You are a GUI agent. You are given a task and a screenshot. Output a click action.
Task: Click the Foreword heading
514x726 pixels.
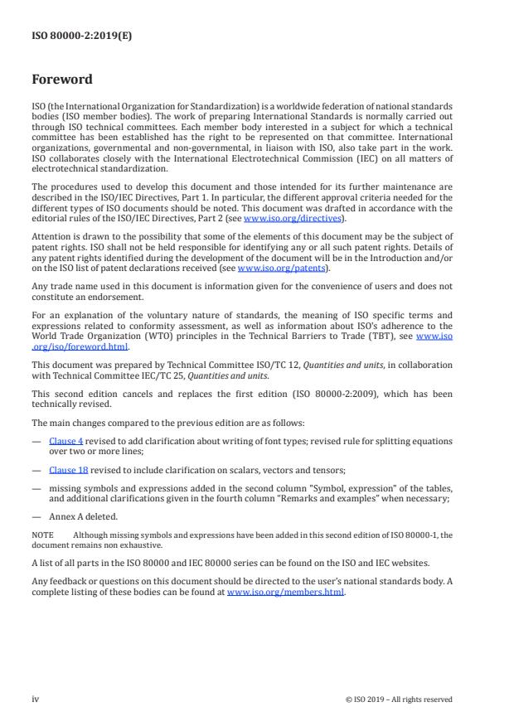coord(61,80)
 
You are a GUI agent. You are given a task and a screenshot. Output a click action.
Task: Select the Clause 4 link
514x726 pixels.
coord(65,441)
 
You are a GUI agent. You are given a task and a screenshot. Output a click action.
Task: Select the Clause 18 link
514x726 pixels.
coord(67,469)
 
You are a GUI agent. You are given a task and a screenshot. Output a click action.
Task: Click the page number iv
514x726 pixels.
coord(35,699)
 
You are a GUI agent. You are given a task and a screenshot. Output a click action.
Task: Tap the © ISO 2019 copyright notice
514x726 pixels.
coord(398,699)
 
